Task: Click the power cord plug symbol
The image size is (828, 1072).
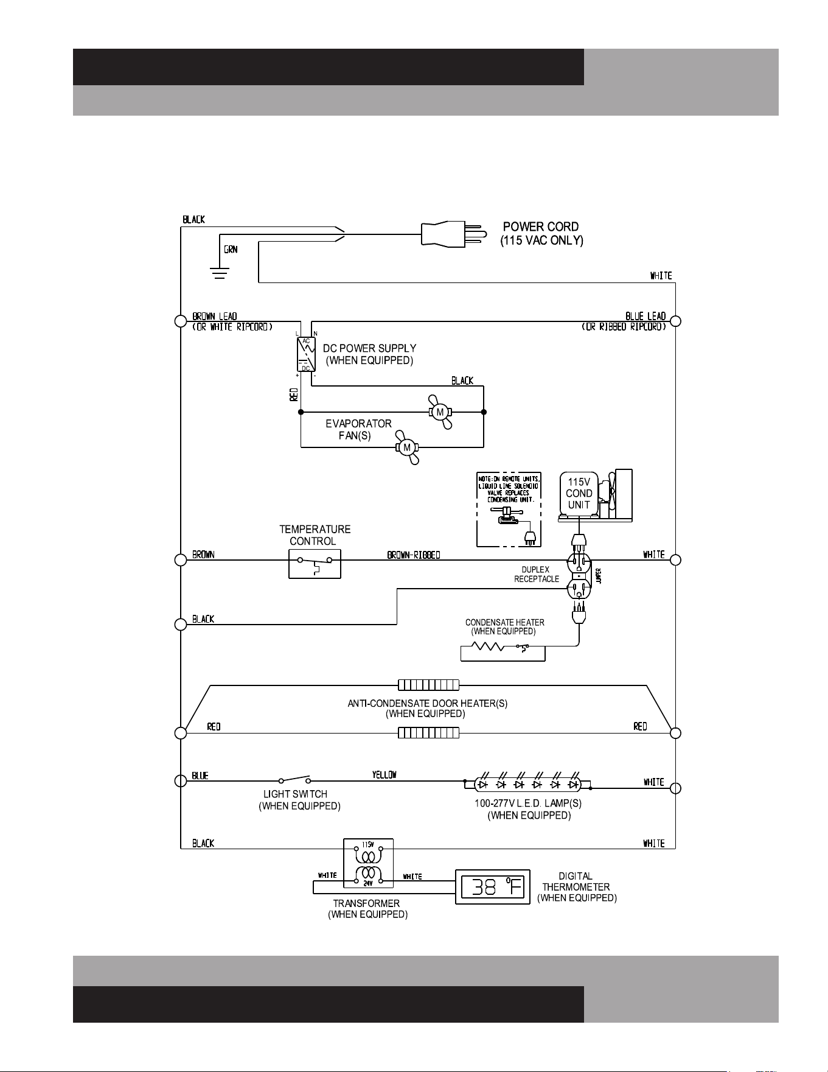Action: pos(453,234)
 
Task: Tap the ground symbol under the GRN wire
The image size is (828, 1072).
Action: pos(220,273)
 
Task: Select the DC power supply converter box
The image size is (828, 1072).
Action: pos(306,354)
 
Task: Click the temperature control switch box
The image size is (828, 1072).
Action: pos(315,564)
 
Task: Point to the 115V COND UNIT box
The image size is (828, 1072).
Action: pos(579,494)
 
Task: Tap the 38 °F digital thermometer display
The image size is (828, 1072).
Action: pos(493,887)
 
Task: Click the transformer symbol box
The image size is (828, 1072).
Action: pos(368,863)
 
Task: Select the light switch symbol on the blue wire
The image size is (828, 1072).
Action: pos(295,779)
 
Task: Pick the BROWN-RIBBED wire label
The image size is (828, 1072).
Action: pos(414,555)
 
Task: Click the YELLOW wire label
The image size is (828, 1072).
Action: pos(384,775)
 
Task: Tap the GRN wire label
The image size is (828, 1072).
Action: pos(231,250)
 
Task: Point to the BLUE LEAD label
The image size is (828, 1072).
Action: pos(645,316)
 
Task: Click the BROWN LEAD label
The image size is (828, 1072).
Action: pos(215,317)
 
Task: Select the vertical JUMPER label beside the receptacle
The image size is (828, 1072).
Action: pos(599,576)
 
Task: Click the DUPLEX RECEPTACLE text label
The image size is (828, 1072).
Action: pos(536,574)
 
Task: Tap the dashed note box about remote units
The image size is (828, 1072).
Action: pos(509,510)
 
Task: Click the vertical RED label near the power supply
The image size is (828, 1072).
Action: pos(294,394)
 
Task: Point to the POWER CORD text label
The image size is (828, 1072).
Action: pos(541,226)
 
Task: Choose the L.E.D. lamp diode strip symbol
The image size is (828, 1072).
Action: pos(527,784)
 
